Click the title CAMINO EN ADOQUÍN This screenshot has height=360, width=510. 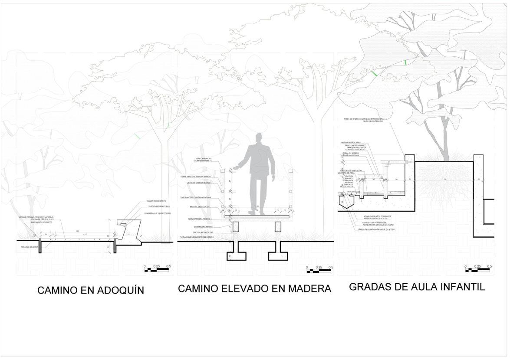[x=91, y=290]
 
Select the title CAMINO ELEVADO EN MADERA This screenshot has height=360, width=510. [x=254, y=288]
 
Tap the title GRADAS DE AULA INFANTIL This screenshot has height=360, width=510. [x=417, y=287]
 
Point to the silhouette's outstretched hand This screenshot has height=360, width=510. [x=235, y=167]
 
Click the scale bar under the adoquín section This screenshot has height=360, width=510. [x=157, y=270]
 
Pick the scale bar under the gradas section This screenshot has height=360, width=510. [x=477, y=270]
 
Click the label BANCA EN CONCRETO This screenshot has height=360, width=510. [x=156, y=201]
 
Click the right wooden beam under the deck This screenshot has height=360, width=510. [x=277, y=226]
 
